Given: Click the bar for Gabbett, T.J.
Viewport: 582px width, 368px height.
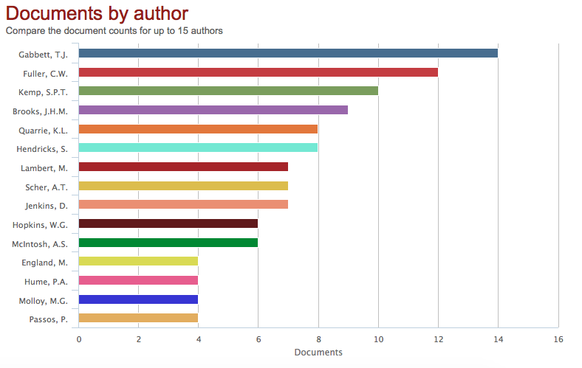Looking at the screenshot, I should (288, 53).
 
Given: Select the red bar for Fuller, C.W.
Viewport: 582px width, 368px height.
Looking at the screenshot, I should (258, 72).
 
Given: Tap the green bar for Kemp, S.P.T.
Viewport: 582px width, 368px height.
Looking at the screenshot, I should (228, 91).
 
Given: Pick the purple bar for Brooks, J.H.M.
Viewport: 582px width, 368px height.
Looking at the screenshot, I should (213, 110).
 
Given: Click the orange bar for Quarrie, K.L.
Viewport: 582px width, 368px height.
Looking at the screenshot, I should (198, 129).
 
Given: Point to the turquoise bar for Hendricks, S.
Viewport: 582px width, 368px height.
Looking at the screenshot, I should (198, 147).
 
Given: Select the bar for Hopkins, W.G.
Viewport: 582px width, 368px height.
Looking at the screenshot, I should (168, 223).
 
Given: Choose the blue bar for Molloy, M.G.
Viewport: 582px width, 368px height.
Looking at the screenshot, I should (138, 299).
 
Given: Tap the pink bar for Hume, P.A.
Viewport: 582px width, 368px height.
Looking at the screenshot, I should (138, 280).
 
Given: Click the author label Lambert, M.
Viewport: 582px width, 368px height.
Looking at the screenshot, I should (47, 167).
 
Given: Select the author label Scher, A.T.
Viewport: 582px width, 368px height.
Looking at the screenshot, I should (47, 187).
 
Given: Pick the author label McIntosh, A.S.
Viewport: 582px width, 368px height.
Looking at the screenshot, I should (41, 243).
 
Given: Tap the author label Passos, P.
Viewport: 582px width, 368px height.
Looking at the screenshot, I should (48, 319).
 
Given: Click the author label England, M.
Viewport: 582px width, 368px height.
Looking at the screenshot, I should (45, 263).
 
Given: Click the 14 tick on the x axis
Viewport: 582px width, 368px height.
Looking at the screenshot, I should (498, 339).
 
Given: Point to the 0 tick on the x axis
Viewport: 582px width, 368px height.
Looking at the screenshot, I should (79, 339).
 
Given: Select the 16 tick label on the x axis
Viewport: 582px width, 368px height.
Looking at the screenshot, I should (558, 339).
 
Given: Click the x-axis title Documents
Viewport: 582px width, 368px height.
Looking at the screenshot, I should (318, 353).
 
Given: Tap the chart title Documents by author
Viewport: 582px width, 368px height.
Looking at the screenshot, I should (97, 13).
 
